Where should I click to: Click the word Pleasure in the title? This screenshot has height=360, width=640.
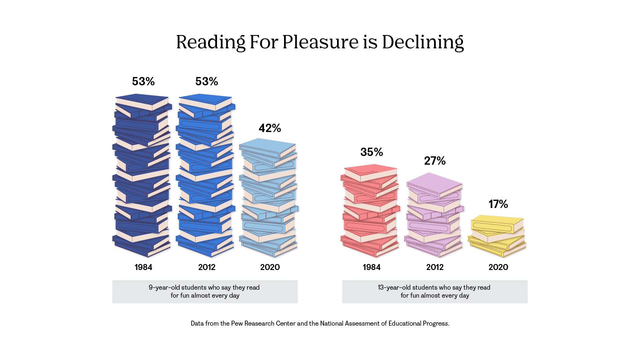click(x=320, y=42)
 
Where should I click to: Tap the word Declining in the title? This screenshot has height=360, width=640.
click(x=423, y=42)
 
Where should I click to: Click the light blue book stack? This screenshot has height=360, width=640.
click(x=268, y=198)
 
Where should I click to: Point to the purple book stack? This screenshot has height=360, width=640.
click(x=434, y=215)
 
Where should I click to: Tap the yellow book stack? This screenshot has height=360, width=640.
click(x=497, y=236)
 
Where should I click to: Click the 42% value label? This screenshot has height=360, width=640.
click(x=270, y=128)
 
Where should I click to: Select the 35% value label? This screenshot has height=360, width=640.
click(x=372, y=152)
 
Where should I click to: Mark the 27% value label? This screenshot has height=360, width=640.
click(x=435, y=161)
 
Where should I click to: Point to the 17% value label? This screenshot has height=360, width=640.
click(x=498, y=204)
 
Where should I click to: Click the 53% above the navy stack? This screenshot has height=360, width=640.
click(x=143, y=81)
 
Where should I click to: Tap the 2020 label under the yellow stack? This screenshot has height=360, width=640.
click(x=498, y=267)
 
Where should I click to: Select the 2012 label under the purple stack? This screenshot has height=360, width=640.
click(x=435, y=267)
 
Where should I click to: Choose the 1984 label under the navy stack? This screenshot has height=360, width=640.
click(x=143, y=267)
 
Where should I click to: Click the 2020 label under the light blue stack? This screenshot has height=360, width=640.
click(x=270, y=267)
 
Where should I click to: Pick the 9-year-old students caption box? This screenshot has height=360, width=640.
click(x=205, y=291)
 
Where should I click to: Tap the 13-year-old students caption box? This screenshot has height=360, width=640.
click(x=435, y=291)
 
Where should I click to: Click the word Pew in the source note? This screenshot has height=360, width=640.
click(x=237, y=323)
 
